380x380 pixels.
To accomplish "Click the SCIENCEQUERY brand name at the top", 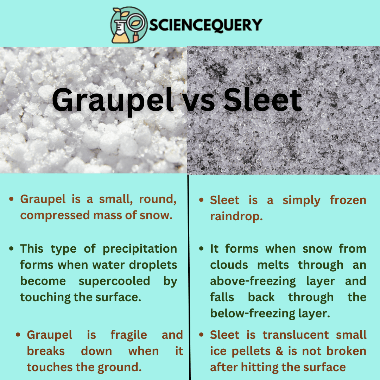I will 205,25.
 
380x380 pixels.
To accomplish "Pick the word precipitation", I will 140,249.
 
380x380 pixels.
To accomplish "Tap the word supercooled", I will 114,281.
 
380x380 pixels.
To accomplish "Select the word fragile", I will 129,335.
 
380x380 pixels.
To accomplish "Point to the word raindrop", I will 236,216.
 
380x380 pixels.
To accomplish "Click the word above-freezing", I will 253,281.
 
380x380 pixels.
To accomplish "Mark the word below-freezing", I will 253,313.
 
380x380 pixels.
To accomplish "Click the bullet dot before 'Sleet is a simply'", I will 202,200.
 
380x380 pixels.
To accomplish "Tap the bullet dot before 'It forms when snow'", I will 202,249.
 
